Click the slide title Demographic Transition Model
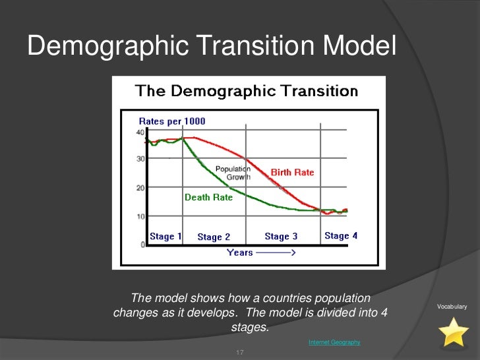212,47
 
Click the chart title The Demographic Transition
247,92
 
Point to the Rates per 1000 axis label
171,121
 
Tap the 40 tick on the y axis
140,133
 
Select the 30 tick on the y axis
140,159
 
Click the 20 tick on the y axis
140,188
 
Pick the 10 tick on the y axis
140,216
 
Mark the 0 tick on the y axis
142,245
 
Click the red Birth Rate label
292,172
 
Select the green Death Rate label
208,197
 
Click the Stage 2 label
214,237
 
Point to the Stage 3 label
281,236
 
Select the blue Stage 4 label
341,235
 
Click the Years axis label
240,253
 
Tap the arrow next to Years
276,253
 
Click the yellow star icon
454,332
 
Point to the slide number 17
240,353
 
